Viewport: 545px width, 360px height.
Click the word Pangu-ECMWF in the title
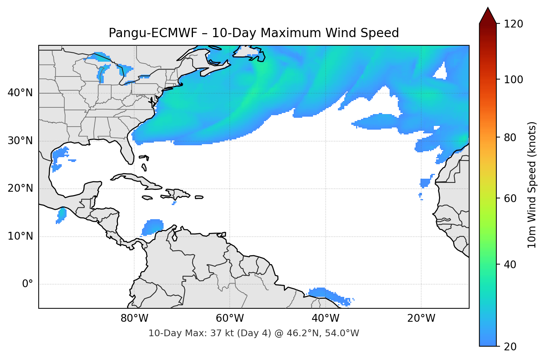[153, 33]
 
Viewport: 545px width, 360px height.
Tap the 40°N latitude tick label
[20, 93]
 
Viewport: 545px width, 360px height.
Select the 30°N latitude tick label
[20, 141]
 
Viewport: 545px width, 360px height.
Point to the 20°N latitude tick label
[20, 188]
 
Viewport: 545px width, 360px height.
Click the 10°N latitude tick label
[20, 236]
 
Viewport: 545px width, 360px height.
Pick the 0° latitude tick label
[28, 284]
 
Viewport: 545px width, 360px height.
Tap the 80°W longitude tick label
[134, 318]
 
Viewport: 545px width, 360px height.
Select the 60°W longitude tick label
[230, 318]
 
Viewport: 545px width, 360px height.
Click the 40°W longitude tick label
[325, 318]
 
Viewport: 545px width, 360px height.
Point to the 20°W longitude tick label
[421, 318]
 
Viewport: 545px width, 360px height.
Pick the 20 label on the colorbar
[510, 347]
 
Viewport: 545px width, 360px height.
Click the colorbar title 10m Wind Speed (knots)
[532, 185]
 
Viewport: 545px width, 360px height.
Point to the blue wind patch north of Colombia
[153, 227]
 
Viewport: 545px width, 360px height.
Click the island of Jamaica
[147, 198]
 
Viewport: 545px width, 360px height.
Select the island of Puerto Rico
[199, 197]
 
